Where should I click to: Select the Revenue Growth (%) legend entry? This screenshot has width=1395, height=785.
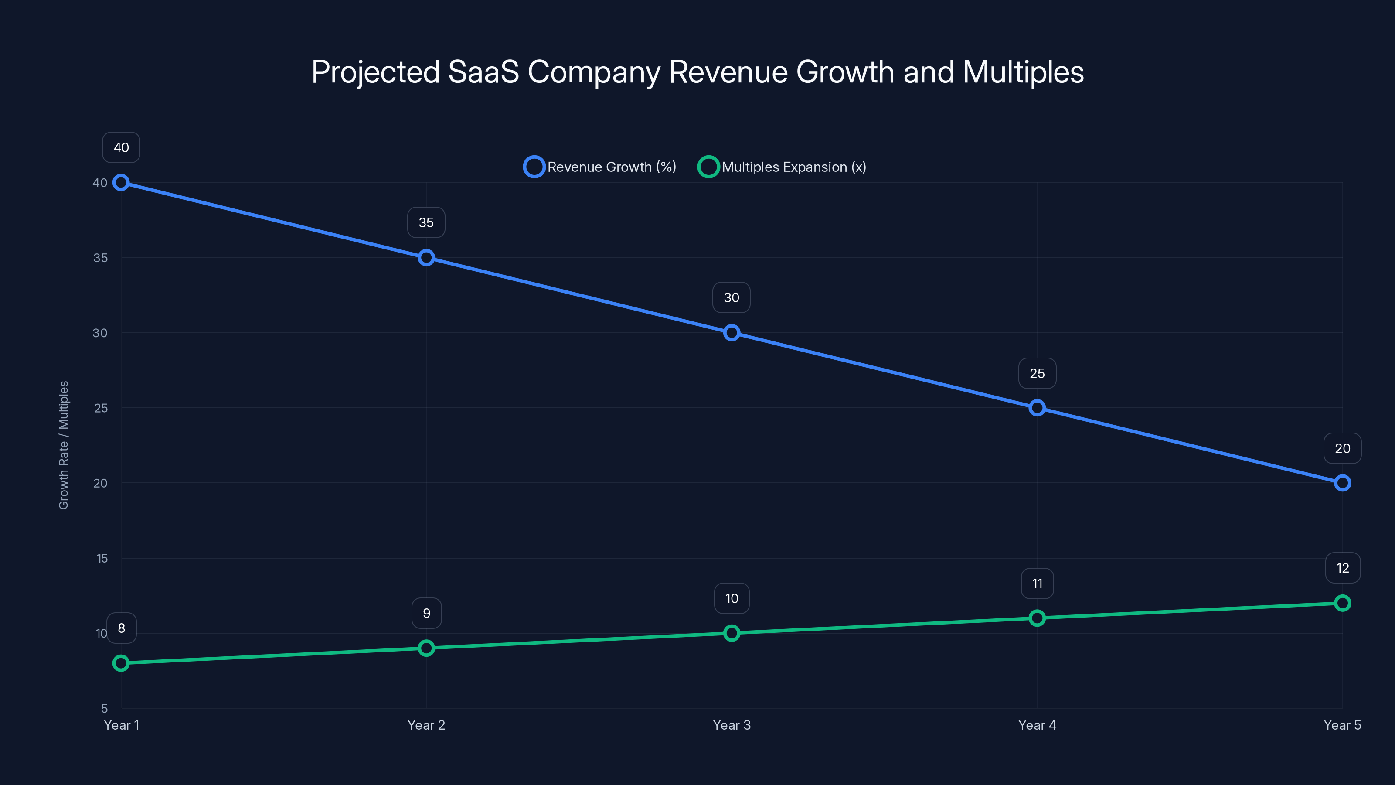(600, 167)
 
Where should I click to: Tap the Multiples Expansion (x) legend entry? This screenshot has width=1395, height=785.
(782, 167)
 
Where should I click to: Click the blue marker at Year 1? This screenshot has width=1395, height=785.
(121, 183)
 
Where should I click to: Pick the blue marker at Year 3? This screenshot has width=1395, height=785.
(732, 333)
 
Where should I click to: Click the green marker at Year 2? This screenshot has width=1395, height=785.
(426, 648)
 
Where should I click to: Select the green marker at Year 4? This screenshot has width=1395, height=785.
(1037, 618)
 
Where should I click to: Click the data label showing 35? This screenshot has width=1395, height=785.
(426, 223)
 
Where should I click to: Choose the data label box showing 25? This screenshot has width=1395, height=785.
(1037, 373)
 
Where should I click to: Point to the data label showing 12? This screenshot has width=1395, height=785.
(1343, 568)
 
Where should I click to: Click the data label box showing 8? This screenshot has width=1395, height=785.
(121, 628)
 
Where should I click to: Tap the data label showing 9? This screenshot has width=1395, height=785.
(426, 613)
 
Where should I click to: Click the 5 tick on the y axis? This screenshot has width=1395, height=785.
(104, 708)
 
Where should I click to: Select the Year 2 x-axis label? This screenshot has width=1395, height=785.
(426, 725)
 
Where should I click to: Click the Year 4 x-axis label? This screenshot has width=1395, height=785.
(1037, 725)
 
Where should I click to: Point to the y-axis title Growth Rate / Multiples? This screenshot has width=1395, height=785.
(63, 445)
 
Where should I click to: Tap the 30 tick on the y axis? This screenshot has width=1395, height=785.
(100, 333)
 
